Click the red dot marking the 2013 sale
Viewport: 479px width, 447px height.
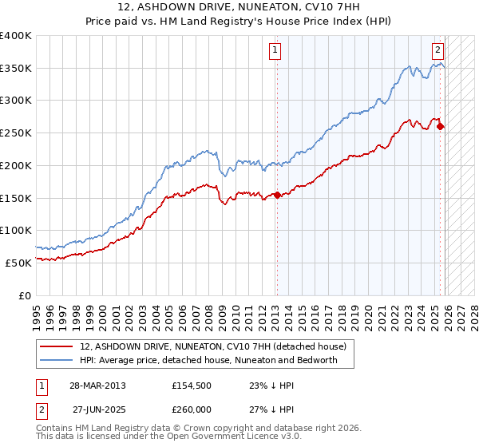click(x=277, y=195)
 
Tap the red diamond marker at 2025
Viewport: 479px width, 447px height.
click(x=441, y=126)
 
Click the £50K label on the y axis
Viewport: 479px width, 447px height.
click(x=18, y=262)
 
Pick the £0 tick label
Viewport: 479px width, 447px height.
click(x=25, y=295)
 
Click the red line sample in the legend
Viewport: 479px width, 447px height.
click(x=57, y=347)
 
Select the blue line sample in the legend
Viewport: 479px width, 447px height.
click(x=57, y=360)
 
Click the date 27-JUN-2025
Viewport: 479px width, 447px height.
click(x=97, y=411)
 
